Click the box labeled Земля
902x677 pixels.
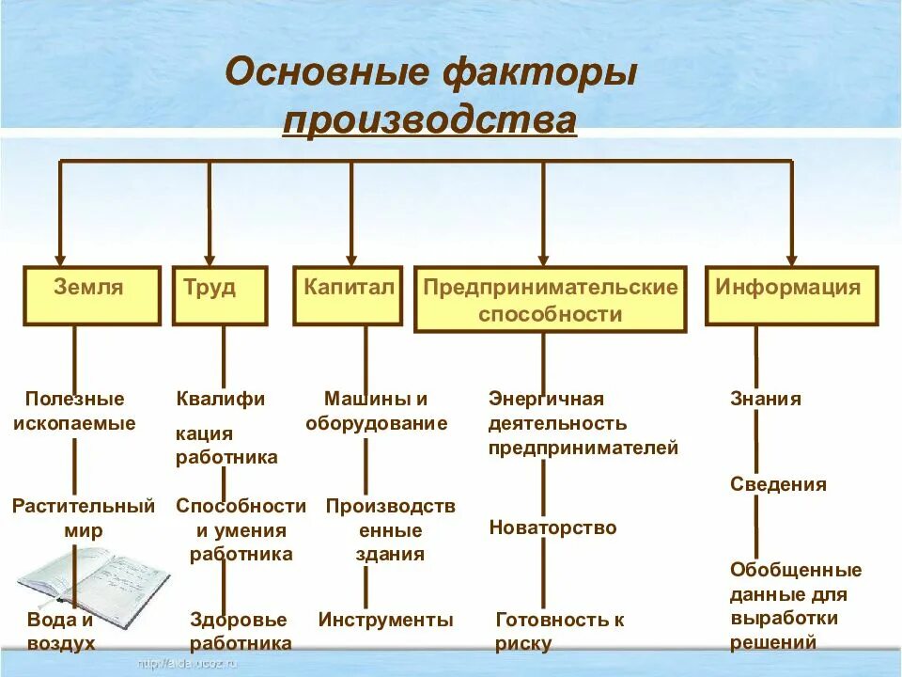click(91, 295)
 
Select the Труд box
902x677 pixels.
click(219, 295)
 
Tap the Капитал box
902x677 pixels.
click(348, 295)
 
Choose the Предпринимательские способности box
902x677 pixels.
click(550, 300)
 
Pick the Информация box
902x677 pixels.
click(791, 295)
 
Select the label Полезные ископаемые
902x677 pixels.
click(74, 411)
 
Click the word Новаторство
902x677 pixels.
click(552, 527)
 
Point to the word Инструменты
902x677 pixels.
click(385, 620)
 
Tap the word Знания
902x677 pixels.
click(766, 399)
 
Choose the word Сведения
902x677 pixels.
click(778, 484)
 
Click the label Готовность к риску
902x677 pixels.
click(559, 631)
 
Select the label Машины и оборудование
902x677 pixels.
click(376, 411)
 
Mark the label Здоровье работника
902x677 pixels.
click(240, 631)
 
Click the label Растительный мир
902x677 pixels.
click(83, 518)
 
